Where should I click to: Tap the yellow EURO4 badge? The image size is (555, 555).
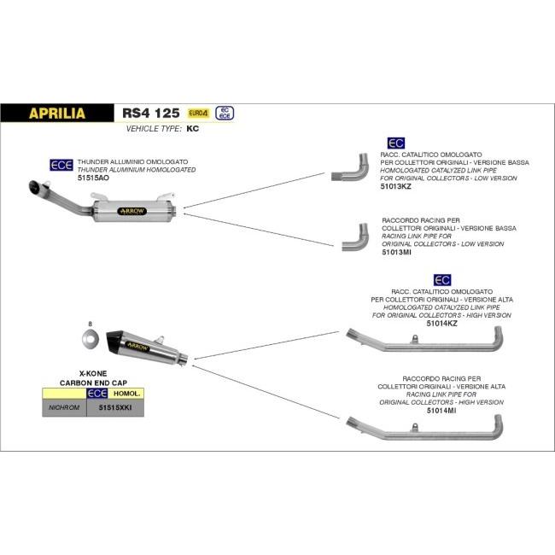197,112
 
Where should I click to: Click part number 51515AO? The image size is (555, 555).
93,178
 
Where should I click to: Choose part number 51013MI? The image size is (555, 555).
398,252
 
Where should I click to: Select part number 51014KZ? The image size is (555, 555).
442,324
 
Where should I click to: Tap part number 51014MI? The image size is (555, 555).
442,410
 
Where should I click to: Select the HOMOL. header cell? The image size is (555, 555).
126,394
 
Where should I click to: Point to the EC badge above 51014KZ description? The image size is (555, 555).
442,279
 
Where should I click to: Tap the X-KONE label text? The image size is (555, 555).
91,374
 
